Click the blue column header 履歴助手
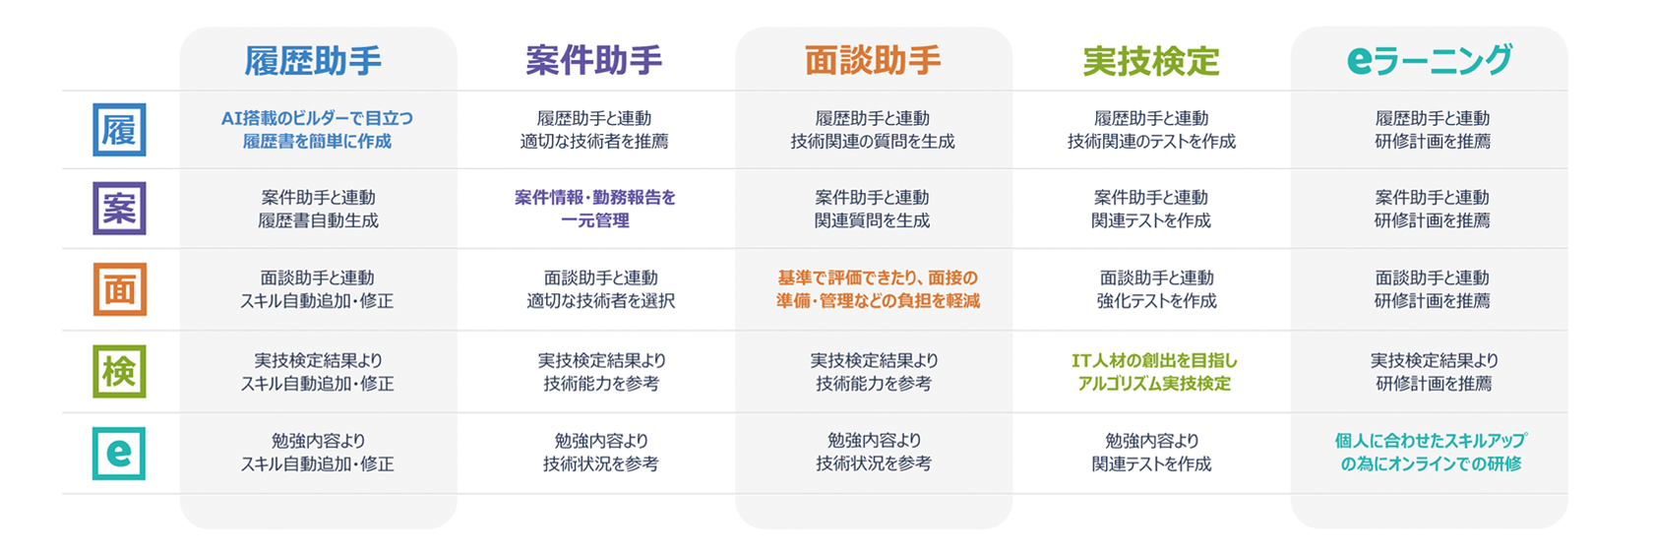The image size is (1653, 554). [313, 60]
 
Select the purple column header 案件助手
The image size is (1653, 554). [594, 60]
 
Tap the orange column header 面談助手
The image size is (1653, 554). [873, 60]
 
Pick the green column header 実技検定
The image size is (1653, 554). [1151, 60]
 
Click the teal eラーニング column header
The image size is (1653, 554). [1430, 60]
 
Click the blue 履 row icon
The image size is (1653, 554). [120, 130]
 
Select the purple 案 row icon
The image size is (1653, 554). [120, 209]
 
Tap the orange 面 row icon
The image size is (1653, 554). [120, 289]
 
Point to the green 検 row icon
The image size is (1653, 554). [120, 371]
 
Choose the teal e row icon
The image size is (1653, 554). [120, 453]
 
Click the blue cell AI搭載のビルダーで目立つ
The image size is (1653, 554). [317, 130]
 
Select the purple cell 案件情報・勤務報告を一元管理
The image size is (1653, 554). [594, 209]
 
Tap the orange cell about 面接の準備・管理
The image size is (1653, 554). [878, 289]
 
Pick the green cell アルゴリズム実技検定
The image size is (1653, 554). [1154, 372]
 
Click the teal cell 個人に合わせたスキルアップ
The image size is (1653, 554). [1431, 453]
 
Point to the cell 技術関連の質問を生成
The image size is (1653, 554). [873, 130]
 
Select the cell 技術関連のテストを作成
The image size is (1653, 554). [1151, 130]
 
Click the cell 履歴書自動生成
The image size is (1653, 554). [318, 209]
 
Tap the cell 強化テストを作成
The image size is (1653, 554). [1156, 289]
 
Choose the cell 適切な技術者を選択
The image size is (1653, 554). [600, 289]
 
